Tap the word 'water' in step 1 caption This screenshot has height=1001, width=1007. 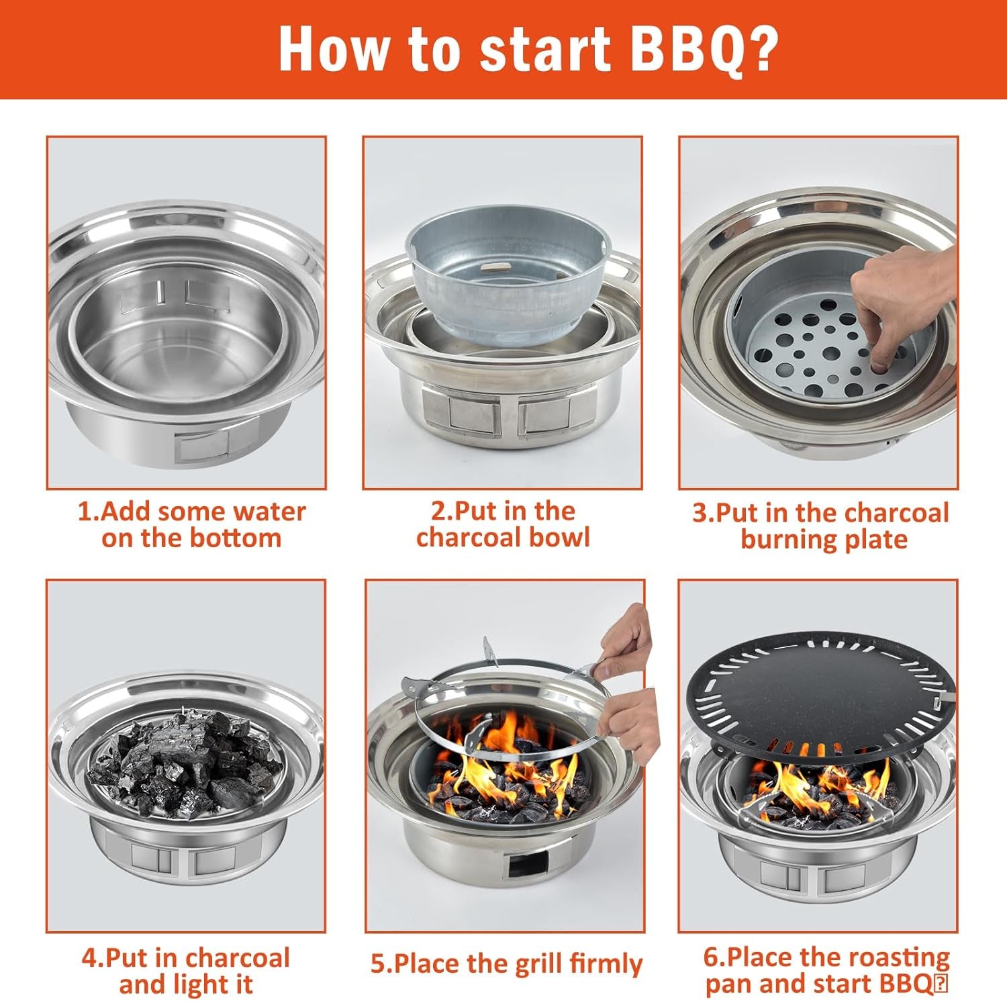pos(268,512)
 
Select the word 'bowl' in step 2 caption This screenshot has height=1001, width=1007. pos(559,537)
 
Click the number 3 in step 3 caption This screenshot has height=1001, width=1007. pos(700,513)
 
